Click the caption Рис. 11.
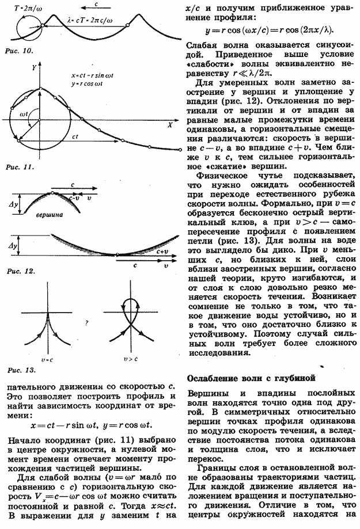pyautogui.click(x=18, y=167)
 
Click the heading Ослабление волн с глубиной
pyautogui.click(x=252, y=378)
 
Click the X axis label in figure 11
pyautogui.click(x=170, y=124)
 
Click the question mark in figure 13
pyautogui.click(x=85, y=322)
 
